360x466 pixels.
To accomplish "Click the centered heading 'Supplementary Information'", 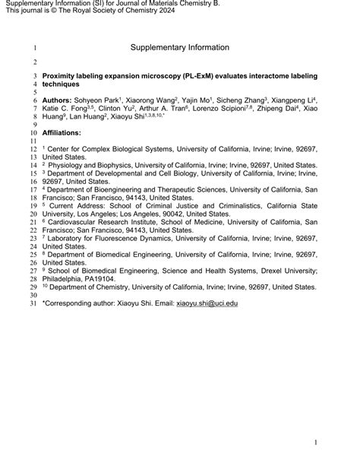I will click(179, 47).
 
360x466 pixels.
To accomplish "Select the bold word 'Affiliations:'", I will click(66, 131).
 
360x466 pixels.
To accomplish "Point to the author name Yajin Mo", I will click(196, 100).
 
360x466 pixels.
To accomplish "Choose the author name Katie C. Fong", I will click(65, 110).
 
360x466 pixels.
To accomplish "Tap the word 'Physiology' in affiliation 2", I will click(74, 162).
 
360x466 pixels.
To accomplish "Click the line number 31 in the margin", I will click(33, 303).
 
